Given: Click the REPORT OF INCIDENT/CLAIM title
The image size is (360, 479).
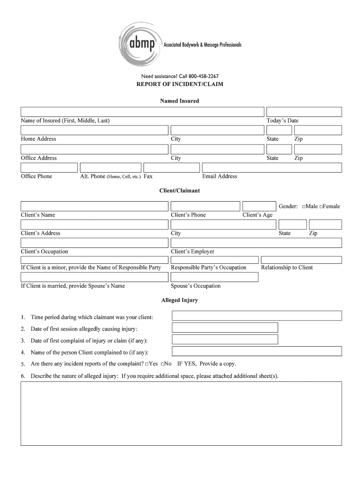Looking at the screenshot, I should pyautogui.click(x=180, y=85).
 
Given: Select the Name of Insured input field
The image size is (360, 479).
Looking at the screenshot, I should pyautogui.click(x=142, y=112).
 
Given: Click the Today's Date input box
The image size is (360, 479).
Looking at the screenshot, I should pyautogui.click(x=304, y=112).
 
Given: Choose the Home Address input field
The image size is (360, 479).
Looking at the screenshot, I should pyautogui.click(x=94, y=130).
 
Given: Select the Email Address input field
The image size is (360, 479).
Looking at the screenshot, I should pyautogui.click(x=272, y=167).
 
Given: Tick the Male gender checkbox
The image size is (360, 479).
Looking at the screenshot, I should pyautogui.click(x=304, y=207).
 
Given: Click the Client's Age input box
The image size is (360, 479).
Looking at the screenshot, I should pyautogui.click(x=259, y=206).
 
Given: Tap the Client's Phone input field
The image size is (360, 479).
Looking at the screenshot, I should pyautogui.click(x=205, y=206).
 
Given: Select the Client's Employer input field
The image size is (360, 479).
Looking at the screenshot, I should pyautogui.click(x=256, y=243).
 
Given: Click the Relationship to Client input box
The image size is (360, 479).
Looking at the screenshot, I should pyautogui.click(x=301, y=260).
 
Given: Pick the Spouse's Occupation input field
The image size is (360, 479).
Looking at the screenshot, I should pyautogui.click(x=215, y=277).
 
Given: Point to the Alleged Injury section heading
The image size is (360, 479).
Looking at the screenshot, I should pyautogui.click(x=180, y=300).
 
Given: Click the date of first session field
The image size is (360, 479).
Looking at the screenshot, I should pyautogui.click(x=225, y=327).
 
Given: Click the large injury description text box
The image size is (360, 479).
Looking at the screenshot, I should pyautogui.click(x=181, y=413).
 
